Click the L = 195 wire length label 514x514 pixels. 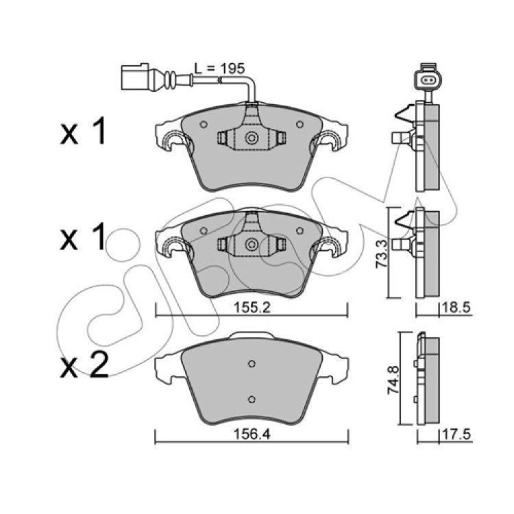[x=219, y=69]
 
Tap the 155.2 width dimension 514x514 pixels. [x=252, y=308]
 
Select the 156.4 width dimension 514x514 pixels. [x=252, y=435]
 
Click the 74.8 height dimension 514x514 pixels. [x=393, y=380]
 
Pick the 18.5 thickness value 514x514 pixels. [x=456, y=308]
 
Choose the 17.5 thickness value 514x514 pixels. [x=456, y=435]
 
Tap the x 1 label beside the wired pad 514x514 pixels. [x=83, y=132]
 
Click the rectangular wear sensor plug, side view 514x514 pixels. [x=135, y=77]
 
